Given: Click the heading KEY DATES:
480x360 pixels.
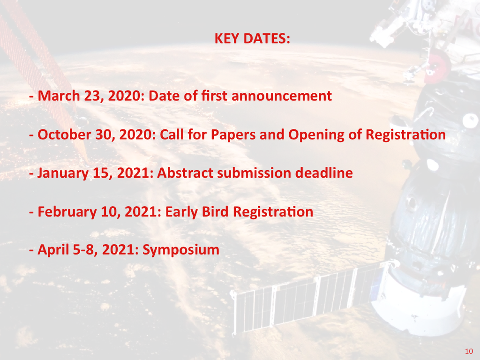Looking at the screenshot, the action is click(x=252, y=38).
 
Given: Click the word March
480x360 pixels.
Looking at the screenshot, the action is click(x=59, y=96).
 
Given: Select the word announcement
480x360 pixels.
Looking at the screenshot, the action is click(x=282, y=96).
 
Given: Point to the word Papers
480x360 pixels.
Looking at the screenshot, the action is click(x=233, y=135).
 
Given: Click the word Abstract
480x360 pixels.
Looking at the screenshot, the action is click(x=185, y=173).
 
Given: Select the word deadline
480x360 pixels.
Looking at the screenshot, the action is click(x=324, y=173).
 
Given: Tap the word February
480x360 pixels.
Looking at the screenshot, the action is click(x=67, y=212).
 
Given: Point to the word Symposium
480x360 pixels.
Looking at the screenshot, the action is click(x=181, y=250).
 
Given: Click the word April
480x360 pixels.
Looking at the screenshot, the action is click(x=53, y=250).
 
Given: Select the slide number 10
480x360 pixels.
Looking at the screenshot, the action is click(x=469, y=351).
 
